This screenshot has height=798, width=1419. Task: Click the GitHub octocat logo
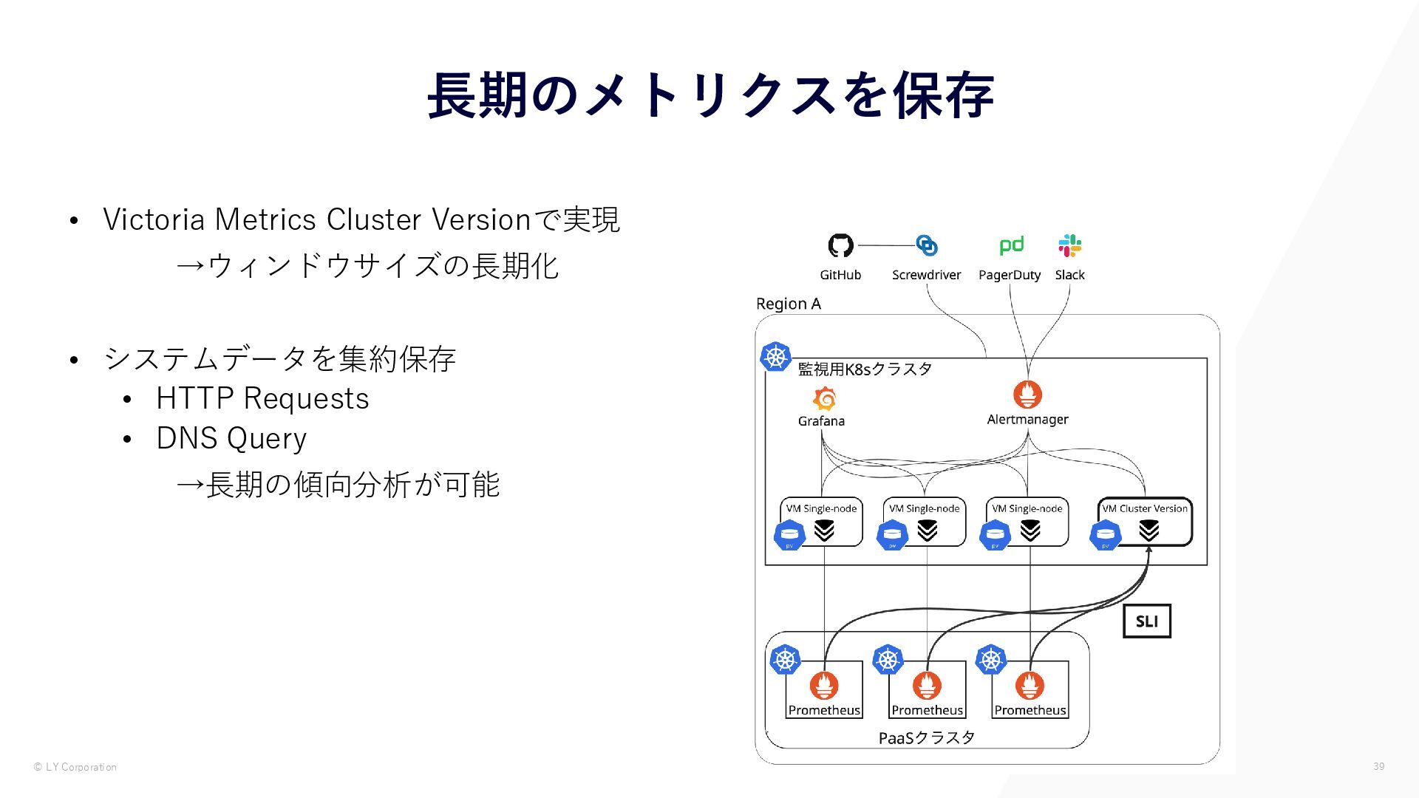(x=840, y=245)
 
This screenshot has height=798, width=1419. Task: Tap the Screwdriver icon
(x=926, y=245)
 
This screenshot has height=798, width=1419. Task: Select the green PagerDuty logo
(x=1010, y=245)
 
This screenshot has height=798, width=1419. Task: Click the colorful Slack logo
(x=1069, y=245)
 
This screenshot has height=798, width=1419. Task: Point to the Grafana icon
(x=824, y=399)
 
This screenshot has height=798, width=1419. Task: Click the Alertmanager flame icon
(x=1027, y=395)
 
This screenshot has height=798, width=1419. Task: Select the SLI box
(x=1146, y=621)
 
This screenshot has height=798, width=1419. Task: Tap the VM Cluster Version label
(x=1145, y=508)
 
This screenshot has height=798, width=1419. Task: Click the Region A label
(x=788, y=304)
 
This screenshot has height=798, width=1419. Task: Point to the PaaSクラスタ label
(x=926, y=737)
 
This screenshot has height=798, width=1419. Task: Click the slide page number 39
(x=1378, y=766)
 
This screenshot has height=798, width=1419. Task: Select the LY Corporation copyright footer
(x=75, y=767)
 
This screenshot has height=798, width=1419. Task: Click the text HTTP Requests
(x=262, y=398)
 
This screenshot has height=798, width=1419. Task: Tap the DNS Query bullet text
(x=231, y=438)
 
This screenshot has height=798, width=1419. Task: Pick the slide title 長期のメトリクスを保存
(x=709, y=95)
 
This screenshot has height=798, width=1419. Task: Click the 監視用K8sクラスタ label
(x=865, y=369)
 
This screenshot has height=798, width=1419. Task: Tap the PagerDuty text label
(x=1009, y=275)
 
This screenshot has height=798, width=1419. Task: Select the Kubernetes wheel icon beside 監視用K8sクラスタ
(x=775, y=357)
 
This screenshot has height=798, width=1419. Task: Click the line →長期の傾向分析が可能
(x=338, y=485)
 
